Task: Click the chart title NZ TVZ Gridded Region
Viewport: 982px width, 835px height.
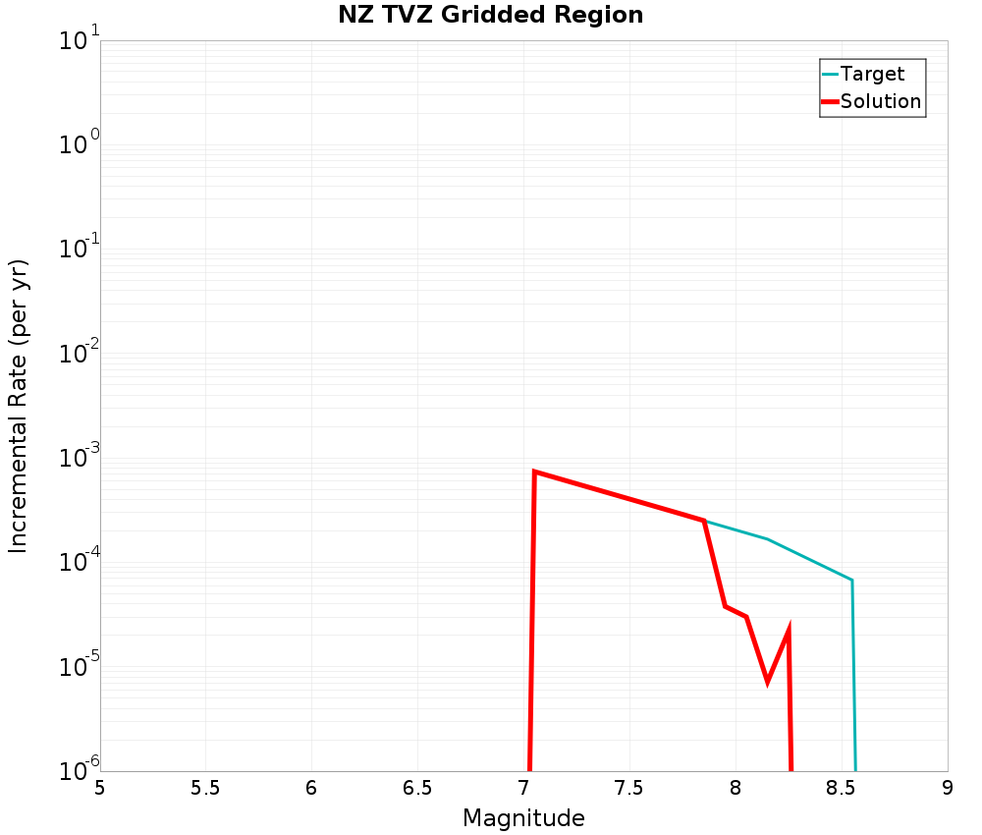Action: (491, 16)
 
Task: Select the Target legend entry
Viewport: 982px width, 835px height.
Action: (872, 74)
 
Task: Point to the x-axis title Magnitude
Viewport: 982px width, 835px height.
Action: (523, 818)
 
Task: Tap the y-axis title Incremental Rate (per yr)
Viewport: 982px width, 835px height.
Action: (19, 406)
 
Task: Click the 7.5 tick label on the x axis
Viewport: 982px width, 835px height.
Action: (629, 788)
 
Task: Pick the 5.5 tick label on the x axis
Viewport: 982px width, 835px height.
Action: (205, 788)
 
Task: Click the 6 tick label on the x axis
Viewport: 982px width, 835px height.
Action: (311, 788)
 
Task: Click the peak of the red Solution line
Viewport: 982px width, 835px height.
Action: (534, 472)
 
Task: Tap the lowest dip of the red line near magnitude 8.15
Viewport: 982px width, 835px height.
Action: (767, 680)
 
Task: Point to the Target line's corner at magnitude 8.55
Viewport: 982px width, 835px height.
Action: (851, 580)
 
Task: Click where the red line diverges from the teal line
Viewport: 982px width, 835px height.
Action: (704, 521)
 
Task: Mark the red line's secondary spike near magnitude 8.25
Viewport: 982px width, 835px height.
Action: (789, 630)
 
